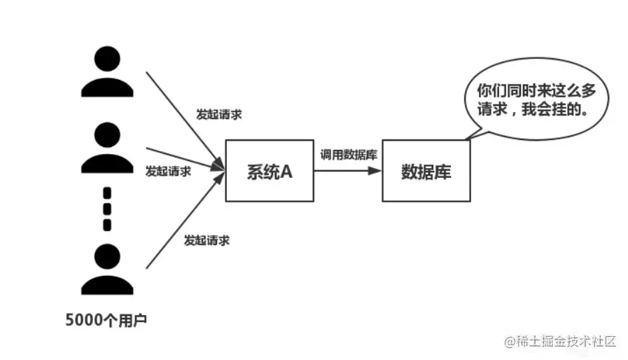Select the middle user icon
click(x=107, y=148)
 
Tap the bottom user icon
click(x=107, y=269)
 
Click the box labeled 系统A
click(x=270, y=171)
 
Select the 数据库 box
click(x=426, y=171)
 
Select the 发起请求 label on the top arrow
click(x=219, y=114)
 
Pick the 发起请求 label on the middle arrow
click(x=167, y=170)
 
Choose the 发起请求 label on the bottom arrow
click(x=207, y=240)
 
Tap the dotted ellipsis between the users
click(x=107, y=209)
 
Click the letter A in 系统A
click(x=286, y=171)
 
